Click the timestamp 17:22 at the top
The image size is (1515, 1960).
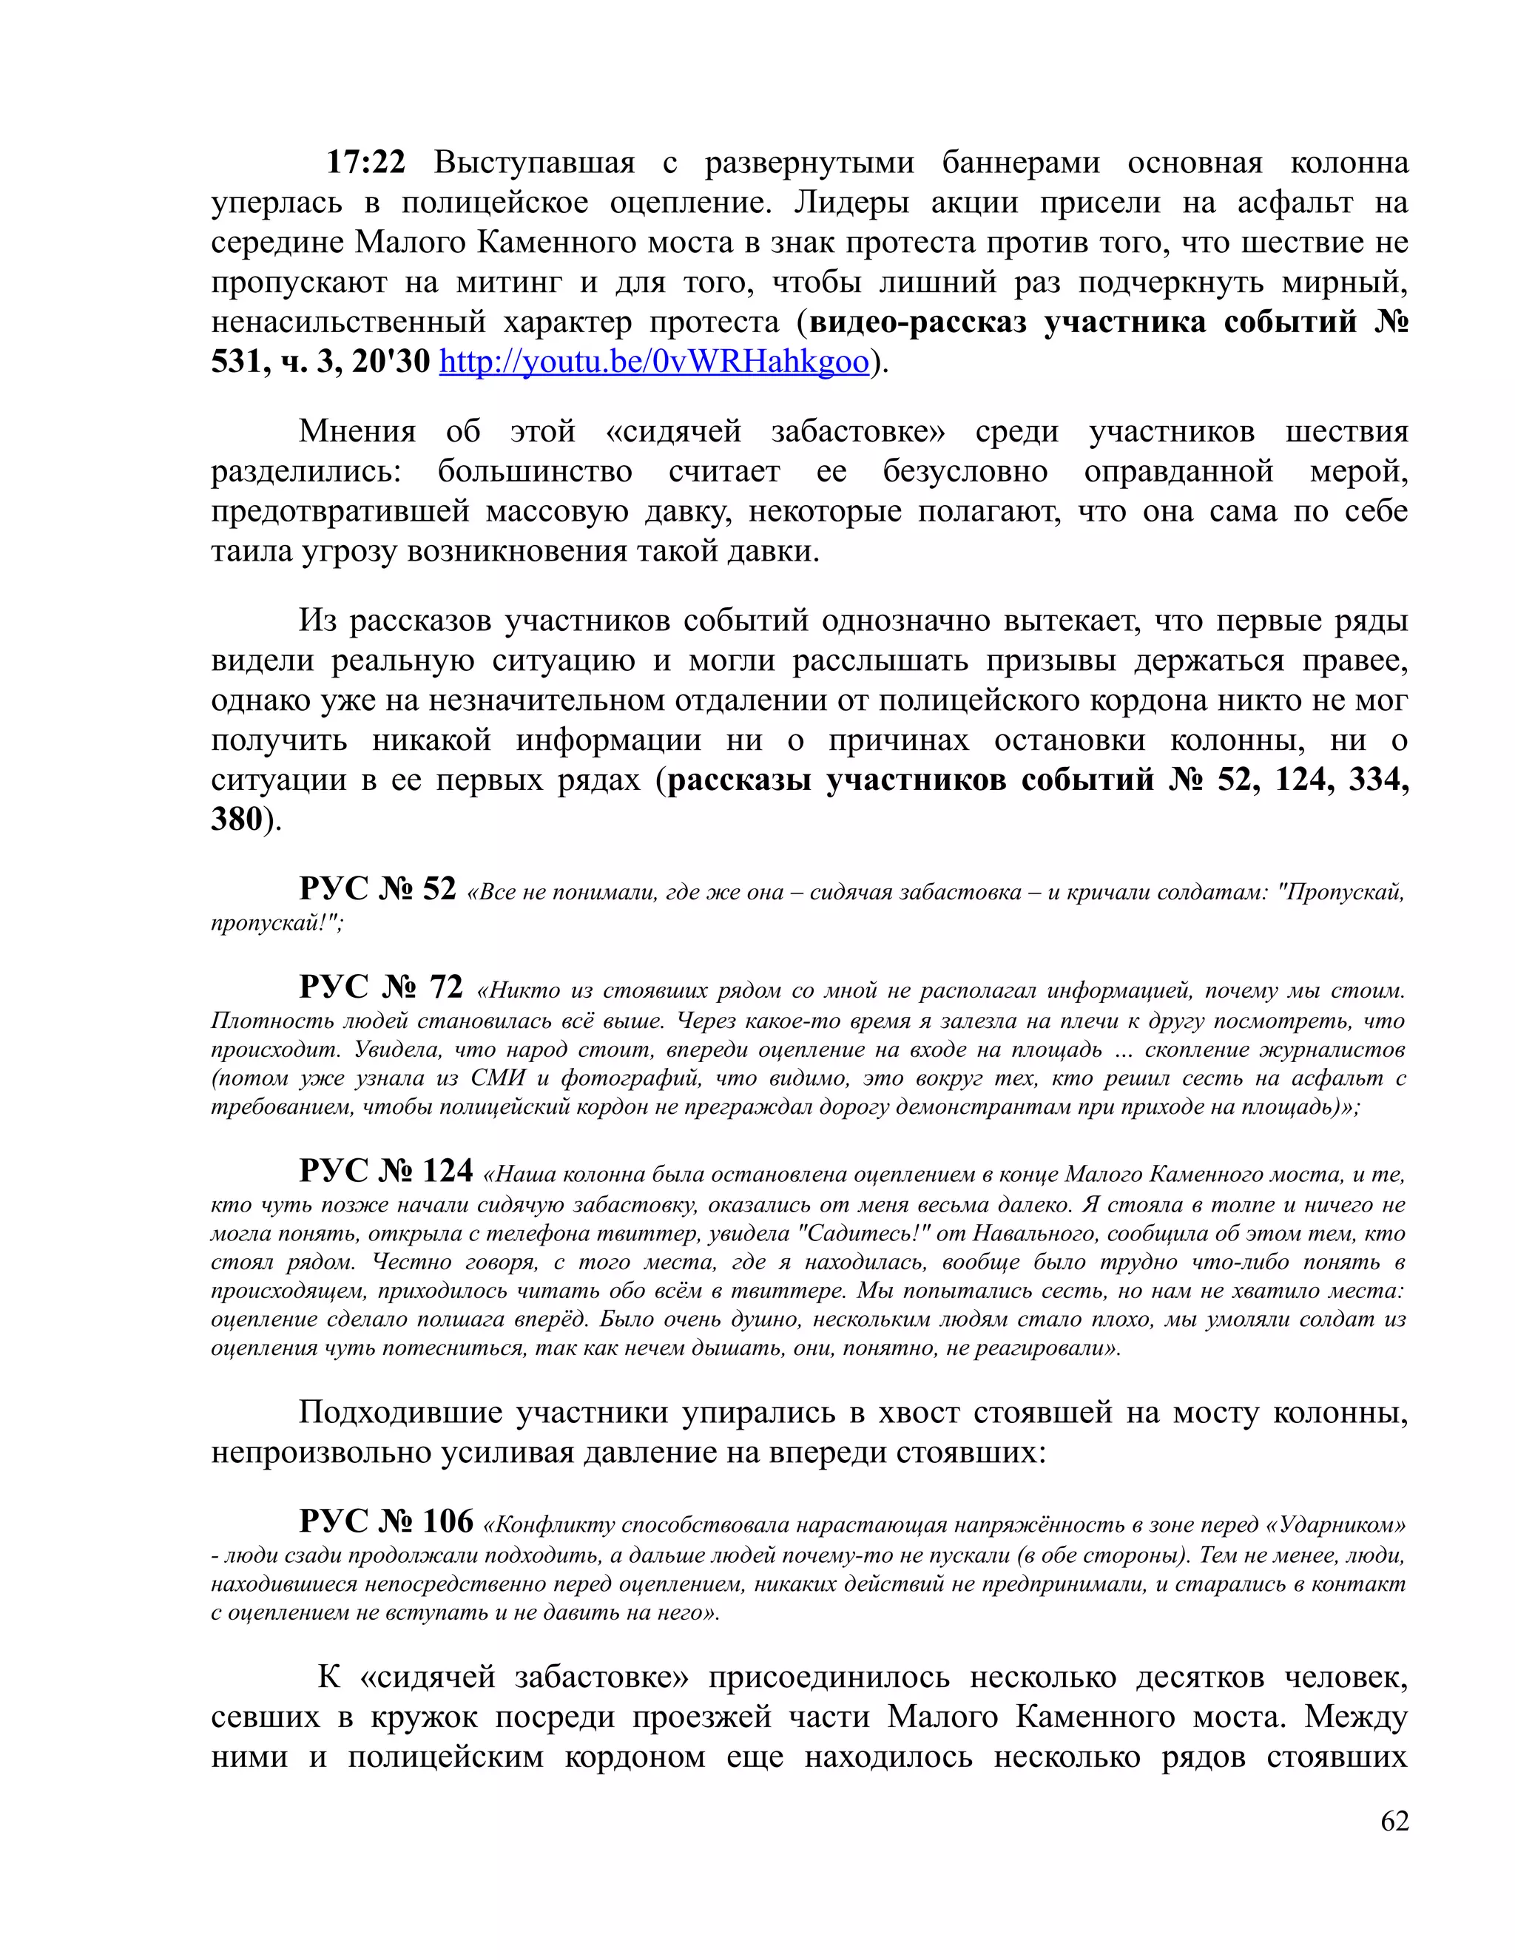[365, 163]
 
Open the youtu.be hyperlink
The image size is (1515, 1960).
[654, 362]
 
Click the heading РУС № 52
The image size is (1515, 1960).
[378, 888]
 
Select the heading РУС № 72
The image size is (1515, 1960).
[382, 987]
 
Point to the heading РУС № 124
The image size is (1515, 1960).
[386, 1171]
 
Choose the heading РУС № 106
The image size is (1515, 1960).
[386, 1521]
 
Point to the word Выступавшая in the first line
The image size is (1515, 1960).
[534, 163]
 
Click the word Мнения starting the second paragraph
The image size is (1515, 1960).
[357, 432]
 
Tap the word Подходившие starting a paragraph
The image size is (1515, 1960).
[399, 1413]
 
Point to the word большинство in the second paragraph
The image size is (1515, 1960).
[535, 471]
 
